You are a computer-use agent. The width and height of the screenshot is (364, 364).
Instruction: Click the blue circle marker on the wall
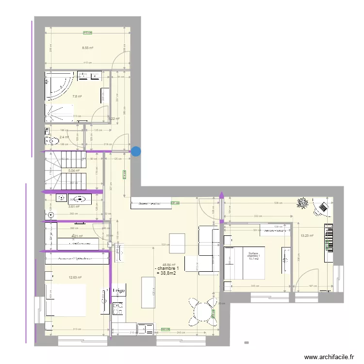(136, 151)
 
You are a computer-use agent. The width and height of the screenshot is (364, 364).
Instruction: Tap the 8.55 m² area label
(87, 48)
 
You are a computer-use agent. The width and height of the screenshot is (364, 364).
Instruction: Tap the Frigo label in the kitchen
(119, 291)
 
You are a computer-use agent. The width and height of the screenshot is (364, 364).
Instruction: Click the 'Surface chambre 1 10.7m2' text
(254, 256)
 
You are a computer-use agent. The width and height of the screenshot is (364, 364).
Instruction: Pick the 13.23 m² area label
(307, 236)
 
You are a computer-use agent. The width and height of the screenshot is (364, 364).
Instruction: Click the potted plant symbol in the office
(304, 203)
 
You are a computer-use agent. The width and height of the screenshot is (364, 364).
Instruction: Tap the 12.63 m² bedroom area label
(75, 278)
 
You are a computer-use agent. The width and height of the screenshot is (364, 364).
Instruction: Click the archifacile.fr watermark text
(328, 357)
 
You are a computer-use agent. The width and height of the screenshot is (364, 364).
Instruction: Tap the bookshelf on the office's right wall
(329, 238)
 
